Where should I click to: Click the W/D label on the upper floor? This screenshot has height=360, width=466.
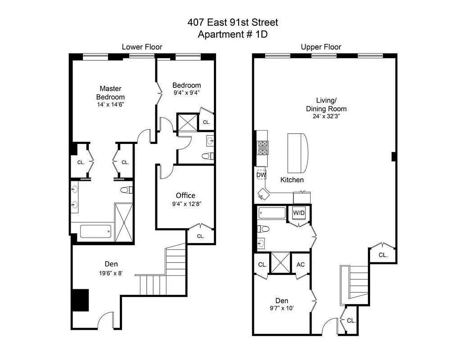tap(299, 212)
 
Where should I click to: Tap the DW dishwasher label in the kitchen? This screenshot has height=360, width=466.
tap(262, 175)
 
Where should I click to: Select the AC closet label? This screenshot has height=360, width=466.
tap(301, 264)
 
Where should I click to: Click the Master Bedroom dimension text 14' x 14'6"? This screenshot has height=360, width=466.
tap(110, 104)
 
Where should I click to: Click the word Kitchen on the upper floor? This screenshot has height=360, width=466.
tap(292, 180)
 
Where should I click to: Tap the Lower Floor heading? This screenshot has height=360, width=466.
tap(142, 47)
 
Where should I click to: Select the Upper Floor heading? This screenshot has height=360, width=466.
tap(321, 47)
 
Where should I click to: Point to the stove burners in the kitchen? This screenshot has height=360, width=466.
tap(262, 147)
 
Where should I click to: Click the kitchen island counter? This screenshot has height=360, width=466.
tap(298, 153)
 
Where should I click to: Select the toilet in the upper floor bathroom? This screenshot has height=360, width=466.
tap(263, 229)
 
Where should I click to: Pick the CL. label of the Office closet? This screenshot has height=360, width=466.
tap(200, 236)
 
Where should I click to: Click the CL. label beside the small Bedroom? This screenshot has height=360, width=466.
tap(206, 122)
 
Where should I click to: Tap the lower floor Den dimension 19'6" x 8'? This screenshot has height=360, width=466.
tap(105, 273)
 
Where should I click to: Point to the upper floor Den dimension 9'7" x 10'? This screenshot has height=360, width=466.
tap(281, 309)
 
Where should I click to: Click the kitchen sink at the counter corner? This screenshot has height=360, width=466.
tap(263, 193)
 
